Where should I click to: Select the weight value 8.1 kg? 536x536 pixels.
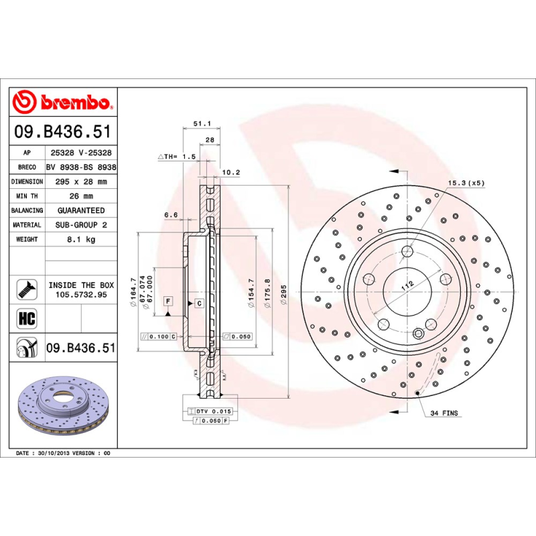[81, 239]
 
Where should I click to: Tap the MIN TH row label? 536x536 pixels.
[27, 196]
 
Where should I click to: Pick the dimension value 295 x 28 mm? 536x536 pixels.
[81, 182]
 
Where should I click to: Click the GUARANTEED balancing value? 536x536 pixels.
[81, 210]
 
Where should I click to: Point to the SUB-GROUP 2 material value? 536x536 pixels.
[81, 225]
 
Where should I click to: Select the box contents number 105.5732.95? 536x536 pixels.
[81, 294]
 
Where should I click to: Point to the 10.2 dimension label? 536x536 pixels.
[230, 172]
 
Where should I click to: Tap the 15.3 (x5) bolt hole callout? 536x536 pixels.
[466, 183]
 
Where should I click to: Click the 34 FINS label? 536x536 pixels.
[445, 413]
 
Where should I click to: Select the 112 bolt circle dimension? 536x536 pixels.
[405, 285]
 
